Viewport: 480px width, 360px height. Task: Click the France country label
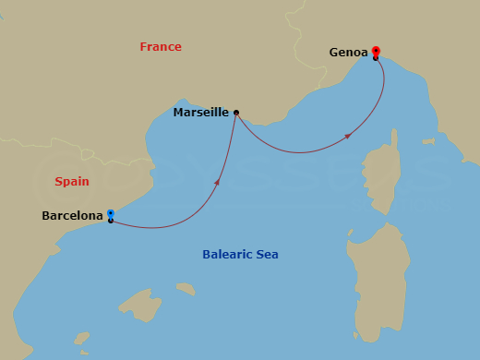(161, 47)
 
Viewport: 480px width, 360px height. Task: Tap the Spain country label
(72, 182)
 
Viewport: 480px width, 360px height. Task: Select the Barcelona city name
(72, 216)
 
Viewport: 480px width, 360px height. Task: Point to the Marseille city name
(201, 113)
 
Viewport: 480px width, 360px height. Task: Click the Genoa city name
(348, 53)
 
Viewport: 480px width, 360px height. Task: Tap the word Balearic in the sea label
(228, 255)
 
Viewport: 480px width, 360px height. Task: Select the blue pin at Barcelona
(110, 214)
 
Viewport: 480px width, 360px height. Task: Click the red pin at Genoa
(376, 52)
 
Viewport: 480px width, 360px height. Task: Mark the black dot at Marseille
(236, 113)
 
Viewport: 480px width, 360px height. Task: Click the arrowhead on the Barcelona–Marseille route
(217, 182)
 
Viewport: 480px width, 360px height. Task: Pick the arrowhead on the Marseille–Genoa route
(347, 136)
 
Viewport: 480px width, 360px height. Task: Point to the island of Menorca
(186, 289)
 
